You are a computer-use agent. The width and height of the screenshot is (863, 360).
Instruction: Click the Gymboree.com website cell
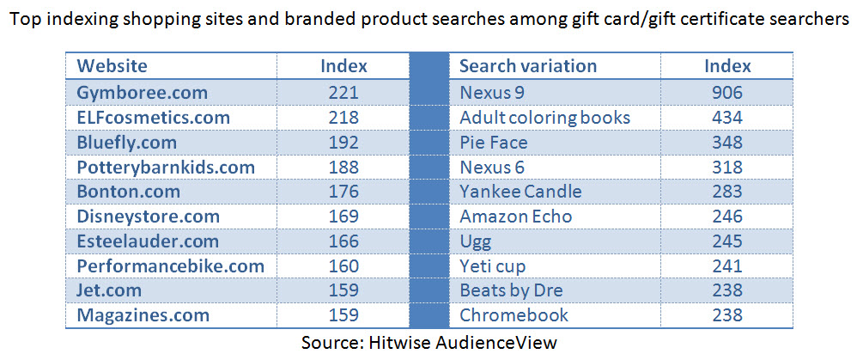[x=143, y=92]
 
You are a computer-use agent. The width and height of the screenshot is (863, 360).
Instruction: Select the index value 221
[x=343, y=92]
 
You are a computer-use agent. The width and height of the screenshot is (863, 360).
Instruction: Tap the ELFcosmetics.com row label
[x=154, y=117]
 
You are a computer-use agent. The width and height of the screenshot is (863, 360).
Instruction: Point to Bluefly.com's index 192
[x=343, y=142]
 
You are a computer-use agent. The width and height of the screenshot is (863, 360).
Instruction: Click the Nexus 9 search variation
[x=491, y=92]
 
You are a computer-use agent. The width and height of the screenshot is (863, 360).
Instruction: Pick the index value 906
[x=727, y=92]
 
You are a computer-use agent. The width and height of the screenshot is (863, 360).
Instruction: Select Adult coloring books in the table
[x=545, y=117]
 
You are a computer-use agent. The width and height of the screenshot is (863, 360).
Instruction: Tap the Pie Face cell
[x=494, y=142]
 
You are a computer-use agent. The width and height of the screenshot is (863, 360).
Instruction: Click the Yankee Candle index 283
[x=727, y=192]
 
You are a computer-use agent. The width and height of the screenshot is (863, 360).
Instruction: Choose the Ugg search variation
[x=476, y=241]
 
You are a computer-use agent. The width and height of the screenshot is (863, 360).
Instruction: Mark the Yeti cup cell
[x=493, y=266]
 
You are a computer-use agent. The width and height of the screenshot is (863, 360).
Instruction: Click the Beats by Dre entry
[x=512, y=291]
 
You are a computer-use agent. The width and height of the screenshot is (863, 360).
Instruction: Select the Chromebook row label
[x=514, y=315]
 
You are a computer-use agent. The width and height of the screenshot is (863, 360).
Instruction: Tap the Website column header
[x=112, y=66]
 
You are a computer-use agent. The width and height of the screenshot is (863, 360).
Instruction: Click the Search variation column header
[x=528, y=66]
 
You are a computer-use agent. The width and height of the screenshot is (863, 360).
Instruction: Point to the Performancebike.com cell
[x=171, y=266]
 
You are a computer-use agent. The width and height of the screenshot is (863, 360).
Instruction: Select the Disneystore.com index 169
[x=343, y=217]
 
